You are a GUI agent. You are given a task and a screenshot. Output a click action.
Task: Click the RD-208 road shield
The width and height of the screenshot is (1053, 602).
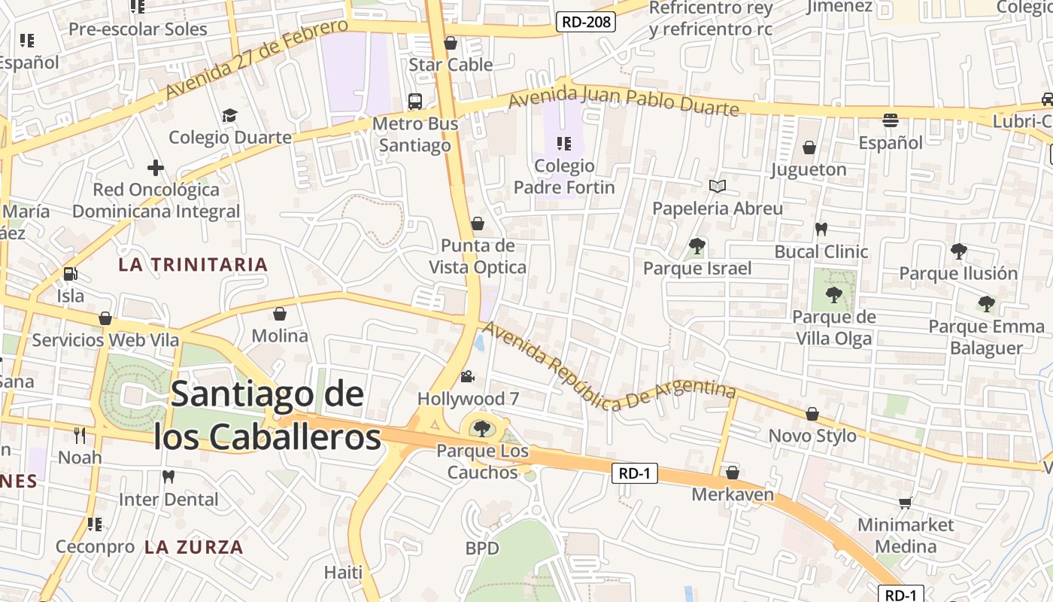586,22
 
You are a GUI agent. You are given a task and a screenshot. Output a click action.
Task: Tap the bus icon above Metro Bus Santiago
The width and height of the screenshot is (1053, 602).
414,101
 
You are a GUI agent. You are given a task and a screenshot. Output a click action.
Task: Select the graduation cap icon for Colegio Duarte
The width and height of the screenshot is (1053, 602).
229,115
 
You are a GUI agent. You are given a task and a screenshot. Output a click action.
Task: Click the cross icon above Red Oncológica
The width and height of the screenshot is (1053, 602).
156,167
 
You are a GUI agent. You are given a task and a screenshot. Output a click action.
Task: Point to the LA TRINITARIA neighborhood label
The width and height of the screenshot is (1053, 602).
193,264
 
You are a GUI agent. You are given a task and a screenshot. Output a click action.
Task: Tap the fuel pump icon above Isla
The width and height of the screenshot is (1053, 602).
71,275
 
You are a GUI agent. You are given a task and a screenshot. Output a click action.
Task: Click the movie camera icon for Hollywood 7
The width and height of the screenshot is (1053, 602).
468,376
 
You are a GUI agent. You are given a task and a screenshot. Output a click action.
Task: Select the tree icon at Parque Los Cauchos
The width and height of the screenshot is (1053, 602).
482,429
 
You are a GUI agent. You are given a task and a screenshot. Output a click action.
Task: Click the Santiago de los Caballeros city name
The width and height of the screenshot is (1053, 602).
268,415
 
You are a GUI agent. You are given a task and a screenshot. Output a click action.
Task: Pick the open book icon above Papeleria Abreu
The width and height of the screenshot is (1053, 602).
718,186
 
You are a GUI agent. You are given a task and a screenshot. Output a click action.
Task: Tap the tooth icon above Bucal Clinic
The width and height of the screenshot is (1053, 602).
821,229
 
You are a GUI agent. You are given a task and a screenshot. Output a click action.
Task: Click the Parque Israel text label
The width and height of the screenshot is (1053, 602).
697,269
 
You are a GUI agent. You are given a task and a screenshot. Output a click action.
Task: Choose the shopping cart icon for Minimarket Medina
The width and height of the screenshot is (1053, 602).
906,503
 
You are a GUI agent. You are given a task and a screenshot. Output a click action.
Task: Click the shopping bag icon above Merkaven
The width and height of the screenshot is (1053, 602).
732,473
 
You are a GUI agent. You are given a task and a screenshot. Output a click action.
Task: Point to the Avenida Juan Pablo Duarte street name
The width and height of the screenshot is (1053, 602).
624,100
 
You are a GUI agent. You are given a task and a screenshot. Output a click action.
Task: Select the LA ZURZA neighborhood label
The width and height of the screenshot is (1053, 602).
194,547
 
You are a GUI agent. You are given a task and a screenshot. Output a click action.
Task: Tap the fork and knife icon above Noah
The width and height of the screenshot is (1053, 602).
80,435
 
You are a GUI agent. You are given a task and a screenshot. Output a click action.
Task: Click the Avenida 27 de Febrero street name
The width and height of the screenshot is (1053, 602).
256,59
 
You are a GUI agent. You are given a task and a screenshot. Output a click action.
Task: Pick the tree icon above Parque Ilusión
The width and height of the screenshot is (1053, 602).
958,251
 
